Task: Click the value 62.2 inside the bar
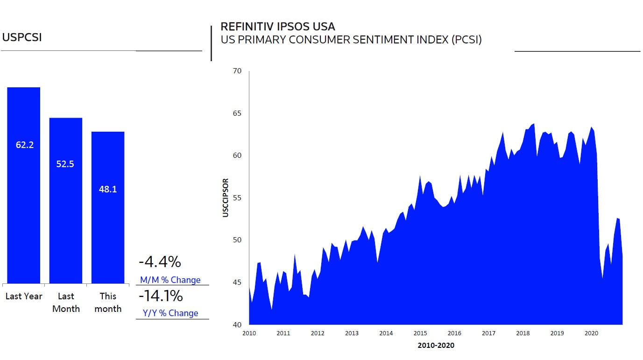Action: pyautogui.click(x=25, y=145)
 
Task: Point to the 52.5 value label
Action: pyautogui.click(x=65, y=164)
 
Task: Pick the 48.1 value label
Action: pyautogui.click(x=108, y=190)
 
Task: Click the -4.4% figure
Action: pyautogui.click(x=159, y=262)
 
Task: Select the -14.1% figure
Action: pyautogui.click(x=161, y=296)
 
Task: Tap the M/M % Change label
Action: pyautogui.click(x=170, y=280)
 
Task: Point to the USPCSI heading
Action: pyautogui.click(x=22, y=37)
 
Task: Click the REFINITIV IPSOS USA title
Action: pyautogui.click(x=277, y=26)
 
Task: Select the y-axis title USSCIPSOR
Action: pyautogui.click(x=226, y=197)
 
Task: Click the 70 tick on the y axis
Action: pyautogui.click(x=237, y=71)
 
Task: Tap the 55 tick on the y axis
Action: pyautogui.click(x=237, y=198)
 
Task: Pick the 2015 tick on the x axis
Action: pyautogui.click(x=420, y=333)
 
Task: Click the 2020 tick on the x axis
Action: pyautogui.click(x=591, y=333)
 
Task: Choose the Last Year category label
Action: pyautogui.click(x=24, y=296)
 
